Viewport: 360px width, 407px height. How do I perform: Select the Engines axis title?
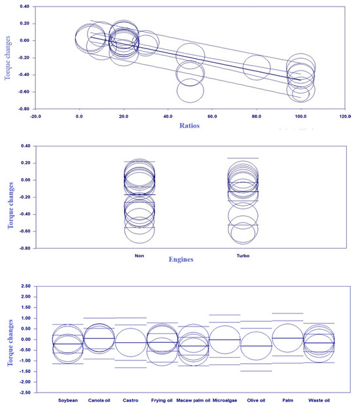coord(187,260)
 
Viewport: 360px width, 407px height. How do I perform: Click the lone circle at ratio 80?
coord(257,67)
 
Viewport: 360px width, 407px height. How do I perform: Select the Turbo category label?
coord(243,256)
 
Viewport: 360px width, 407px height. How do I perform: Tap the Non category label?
coord(139,256)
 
